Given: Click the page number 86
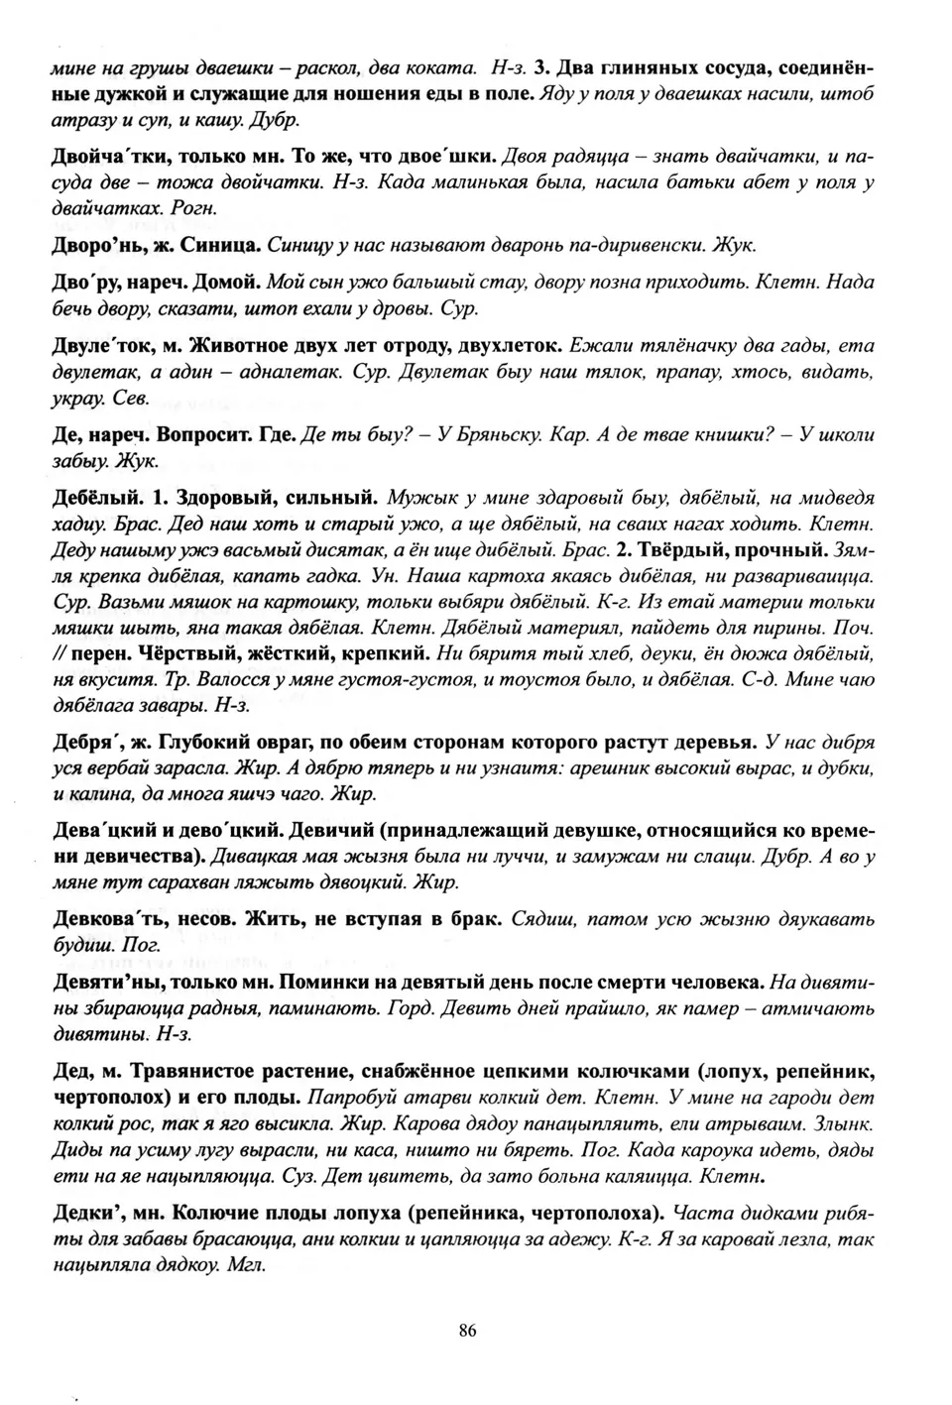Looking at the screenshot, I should pyautogui.click(x=467, y=1331).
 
